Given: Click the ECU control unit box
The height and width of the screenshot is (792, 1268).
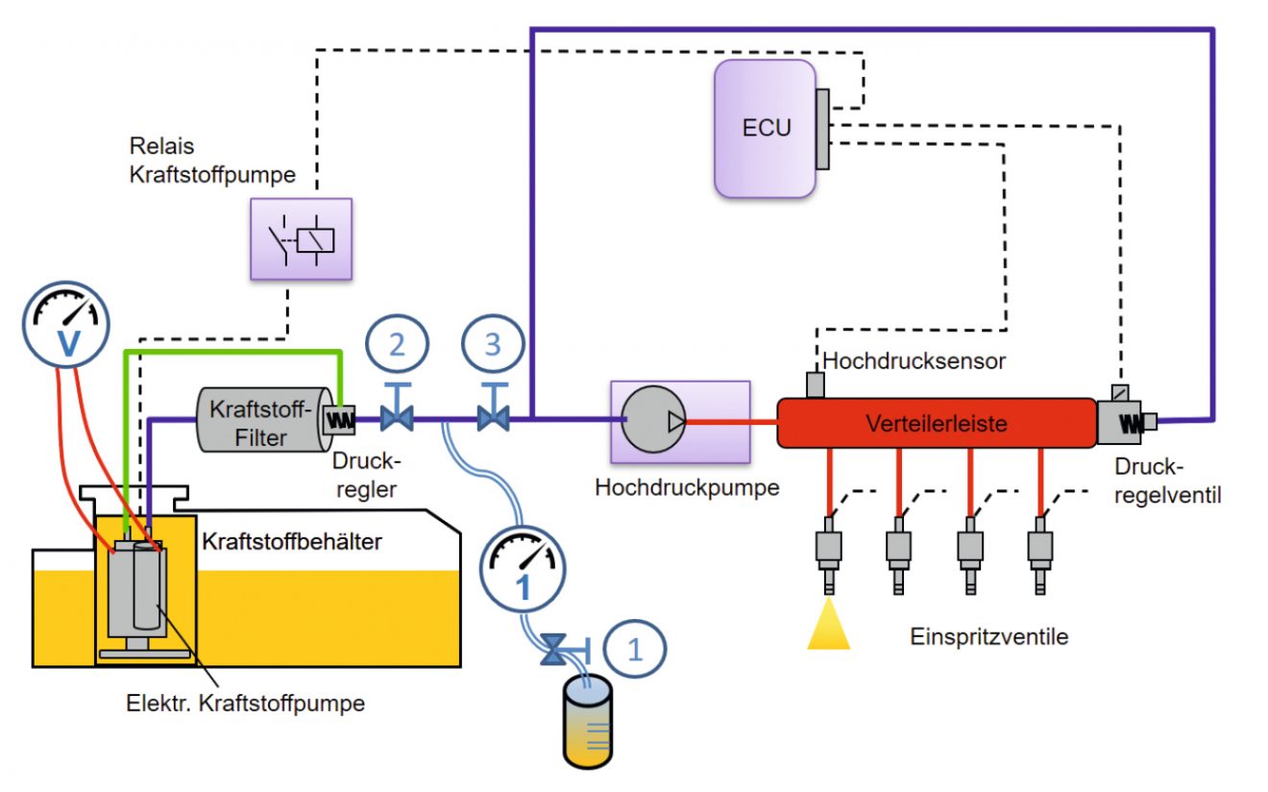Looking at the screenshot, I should coord(765,128).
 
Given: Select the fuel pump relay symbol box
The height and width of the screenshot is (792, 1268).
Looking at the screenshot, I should coord(301,238).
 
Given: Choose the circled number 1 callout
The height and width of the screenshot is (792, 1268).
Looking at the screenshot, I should coord(634,649).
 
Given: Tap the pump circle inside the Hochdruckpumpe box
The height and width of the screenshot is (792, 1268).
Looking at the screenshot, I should coord(653,420).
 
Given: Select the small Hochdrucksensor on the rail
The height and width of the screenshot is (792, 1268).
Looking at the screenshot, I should coord(815,384).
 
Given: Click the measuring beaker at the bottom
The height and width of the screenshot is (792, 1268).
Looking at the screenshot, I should coord(586,723).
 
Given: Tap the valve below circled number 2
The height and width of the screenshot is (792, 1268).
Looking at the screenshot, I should coord(397,418).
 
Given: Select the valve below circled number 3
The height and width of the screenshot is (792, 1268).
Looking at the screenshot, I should coord(493,418).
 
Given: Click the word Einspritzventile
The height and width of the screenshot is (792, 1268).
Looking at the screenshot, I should coord(988,637).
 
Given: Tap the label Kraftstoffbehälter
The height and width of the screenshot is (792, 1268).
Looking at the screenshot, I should coord(291,541).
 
